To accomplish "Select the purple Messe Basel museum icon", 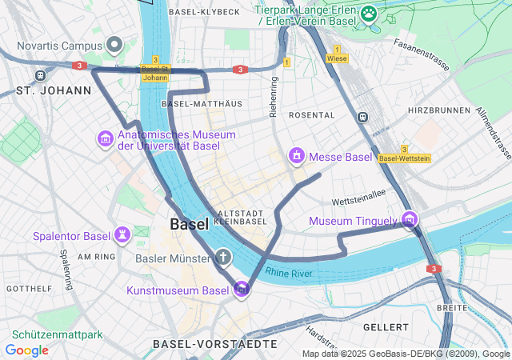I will [x=297, y=155].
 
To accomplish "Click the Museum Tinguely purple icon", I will [x=409, y=219].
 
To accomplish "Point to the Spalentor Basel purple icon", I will [x=122, y=235].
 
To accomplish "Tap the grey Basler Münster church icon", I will [x=223, y=257].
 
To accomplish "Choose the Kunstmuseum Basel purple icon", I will [x=242, y=290].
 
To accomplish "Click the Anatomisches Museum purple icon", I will [x=105, y=139].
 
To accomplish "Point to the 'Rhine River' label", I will [x=289, y=274].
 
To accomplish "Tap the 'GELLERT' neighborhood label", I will [x=386, y=327].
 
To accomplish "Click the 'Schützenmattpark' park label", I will [x=57, y=335].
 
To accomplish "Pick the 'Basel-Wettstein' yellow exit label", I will [x=404, y=158].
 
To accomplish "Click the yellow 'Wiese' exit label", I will [x=337, y=58].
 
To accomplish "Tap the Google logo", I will [x=27, y=350].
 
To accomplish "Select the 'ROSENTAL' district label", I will [x=311, y=115].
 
